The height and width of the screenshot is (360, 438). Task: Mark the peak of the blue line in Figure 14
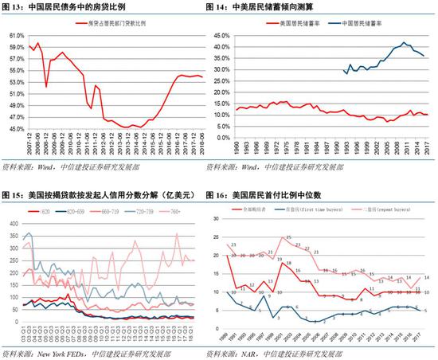click(405, 42)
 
